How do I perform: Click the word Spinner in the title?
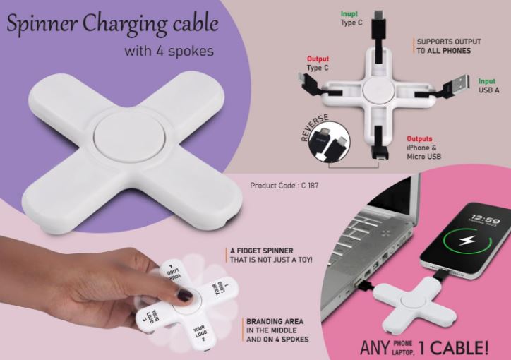tap(42, 24)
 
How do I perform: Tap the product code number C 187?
tap(310, 186)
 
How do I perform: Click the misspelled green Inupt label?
tap(349, 14)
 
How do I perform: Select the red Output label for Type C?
tap(318, 59)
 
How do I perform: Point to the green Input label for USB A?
tap(487, 81)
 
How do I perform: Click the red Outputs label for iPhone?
tap(419, 139)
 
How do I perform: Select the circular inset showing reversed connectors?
tap(329, 142)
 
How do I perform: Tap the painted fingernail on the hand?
tap(184, 295)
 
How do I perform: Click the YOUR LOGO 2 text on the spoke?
tap(200, 333)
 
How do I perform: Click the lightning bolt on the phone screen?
tap(467, 241)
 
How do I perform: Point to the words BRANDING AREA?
tap(275, 322)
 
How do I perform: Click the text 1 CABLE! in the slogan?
tap(453, 347)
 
